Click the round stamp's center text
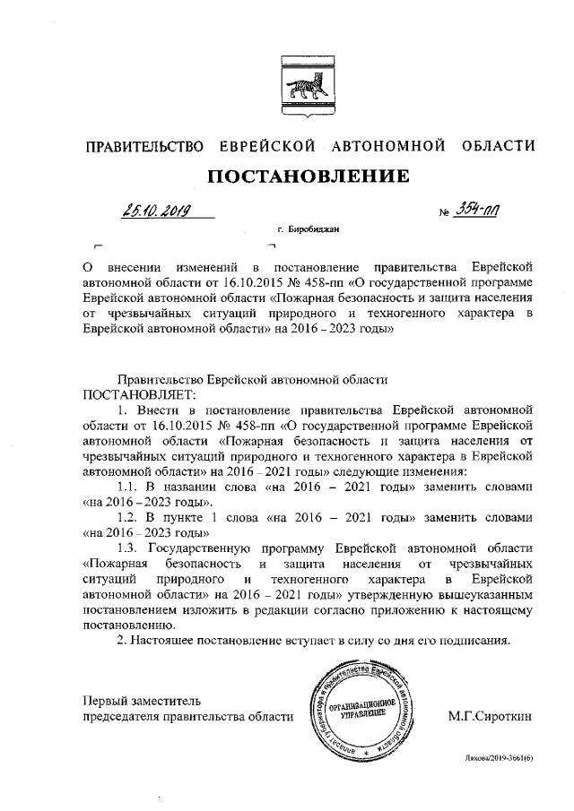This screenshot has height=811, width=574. [358, 711]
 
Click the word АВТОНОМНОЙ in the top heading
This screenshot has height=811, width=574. [389, 145]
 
